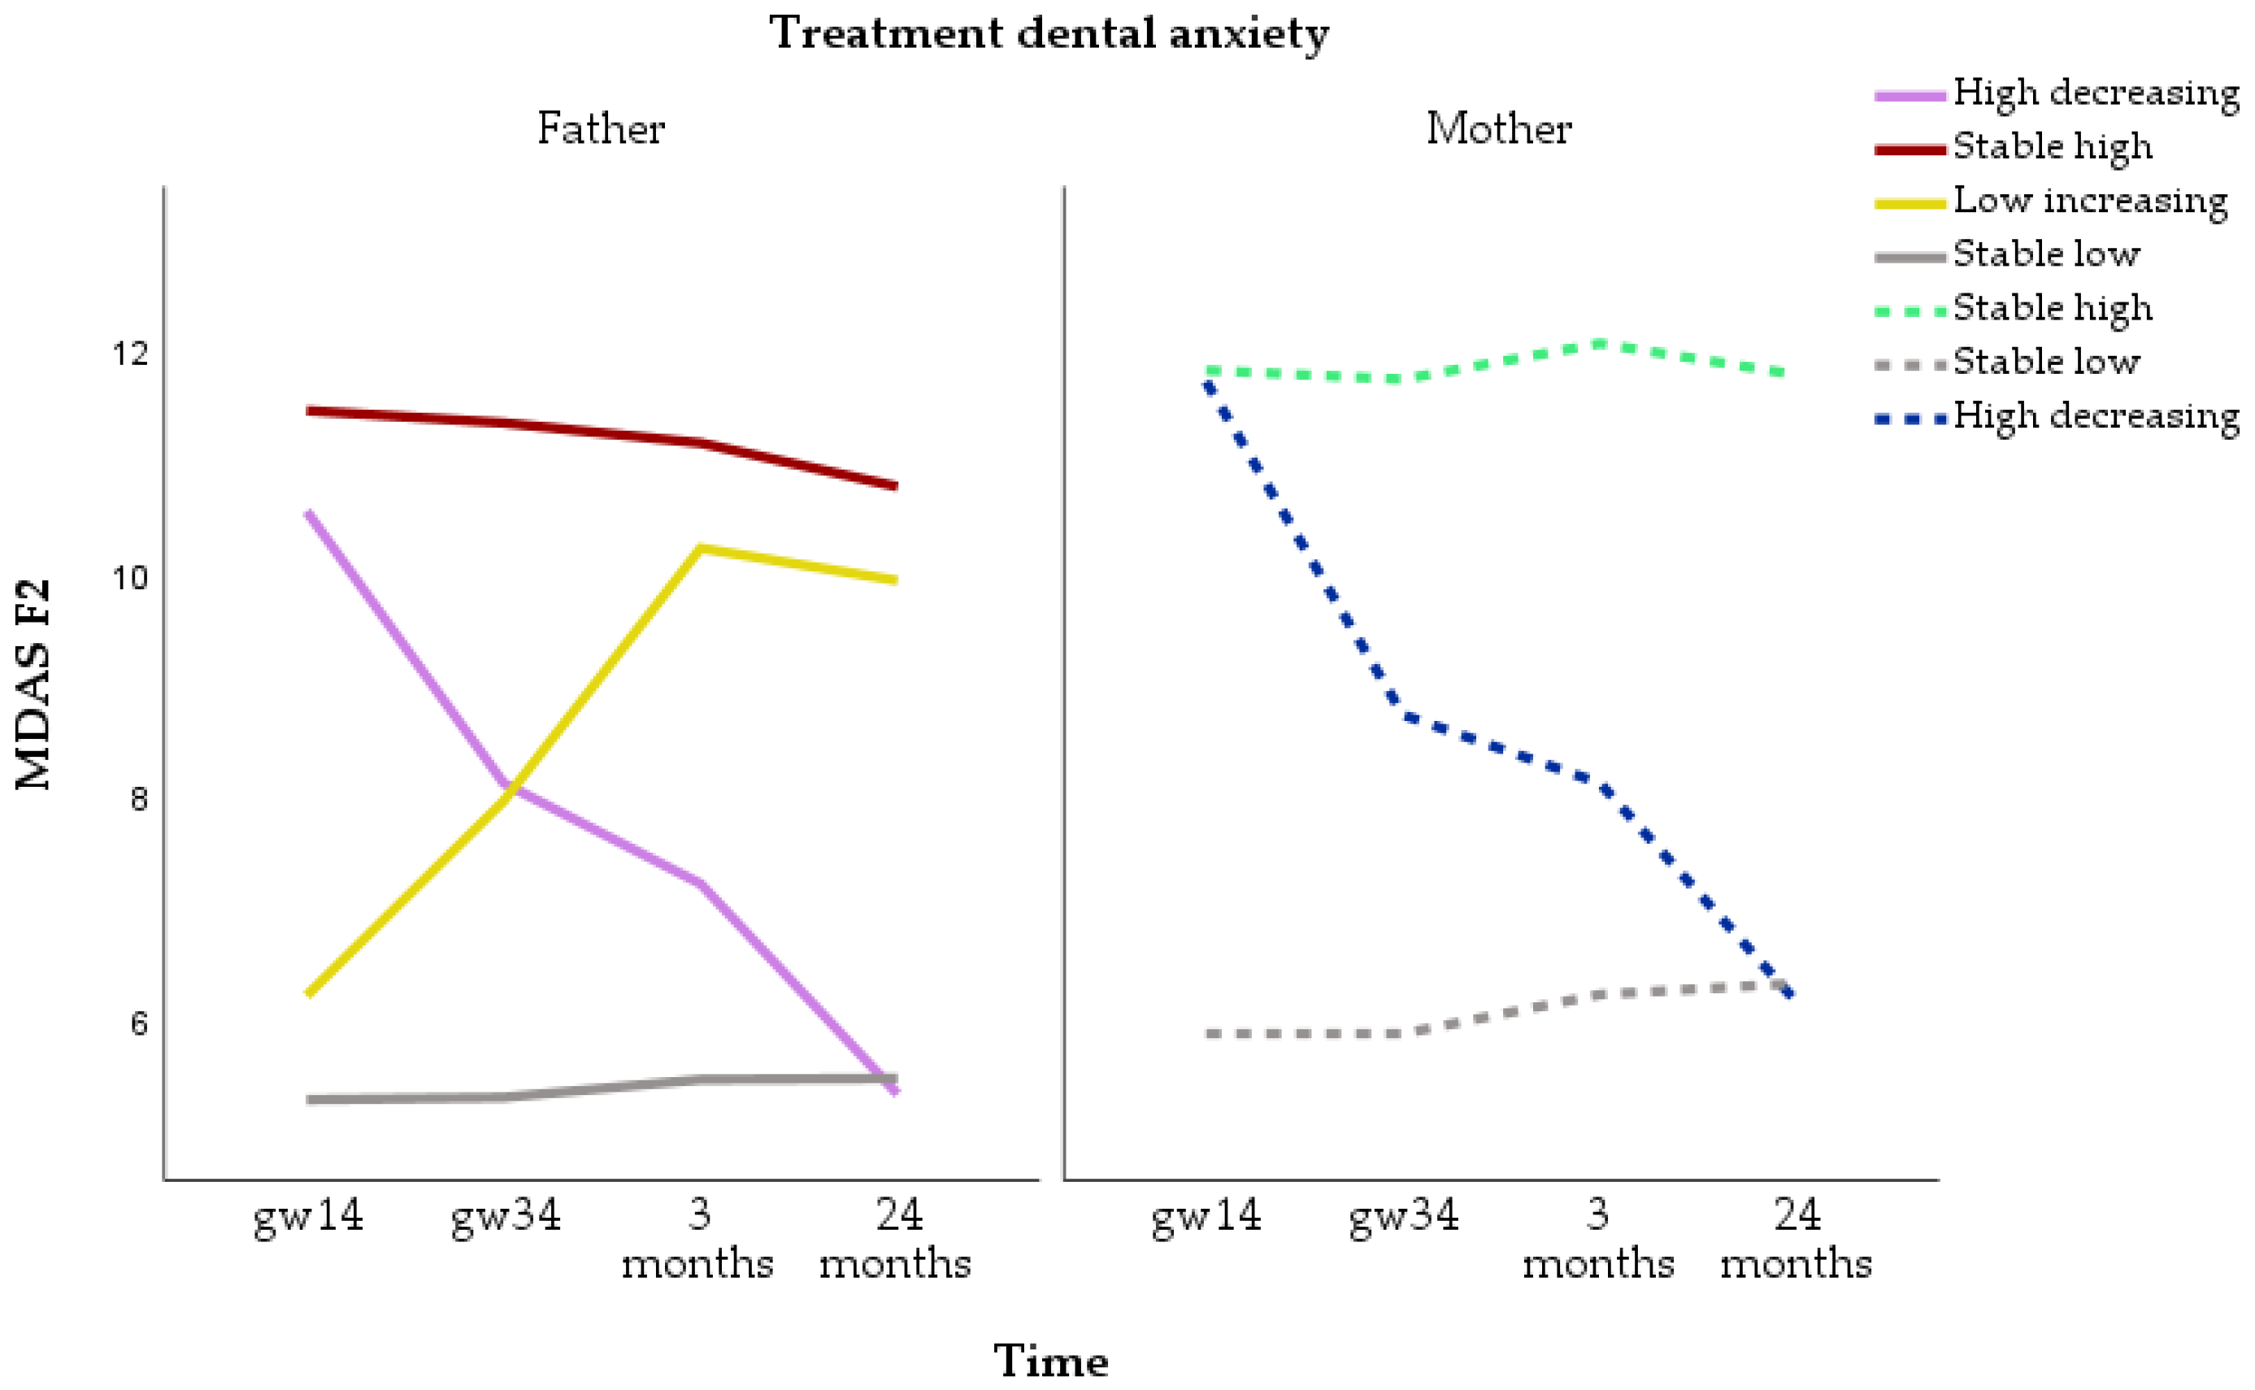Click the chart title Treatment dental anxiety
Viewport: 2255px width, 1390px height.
pyautogui.click(x=1048, y=34)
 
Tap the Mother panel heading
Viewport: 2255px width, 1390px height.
pyautogui.click(x=1498, y=128)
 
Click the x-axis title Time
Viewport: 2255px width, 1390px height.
pyautogui.click(x=1051, y=1361)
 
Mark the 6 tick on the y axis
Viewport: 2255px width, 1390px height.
pyautogui.click(x=139, y=1023)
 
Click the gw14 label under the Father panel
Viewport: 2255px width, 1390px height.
pyautogui.click(x=308, y=1216)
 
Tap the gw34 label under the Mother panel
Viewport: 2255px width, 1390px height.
pyautogui.click(x=1404, y=1216)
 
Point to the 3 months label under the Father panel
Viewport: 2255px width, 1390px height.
pyautogui.click(x=697, y=1240)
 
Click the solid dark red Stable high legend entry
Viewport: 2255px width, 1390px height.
pyautogui.click(x=2052, y=147)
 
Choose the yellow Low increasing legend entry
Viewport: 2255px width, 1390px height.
pyautogui.click(x=2088, y=201)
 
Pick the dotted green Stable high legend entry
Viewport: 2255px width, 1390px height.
pyautogui.click(x=2052, y=308)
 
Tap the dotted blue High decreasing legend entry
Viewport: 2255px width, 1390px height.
pyautogui.click(x=2095, y=416)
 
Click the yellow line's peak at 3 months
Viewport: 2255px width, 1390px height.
pyautogui.click(x=701, y=549)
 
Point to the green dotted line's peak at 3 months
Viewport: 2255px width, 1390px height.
pyautogui.click(x=1600, y=345)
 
